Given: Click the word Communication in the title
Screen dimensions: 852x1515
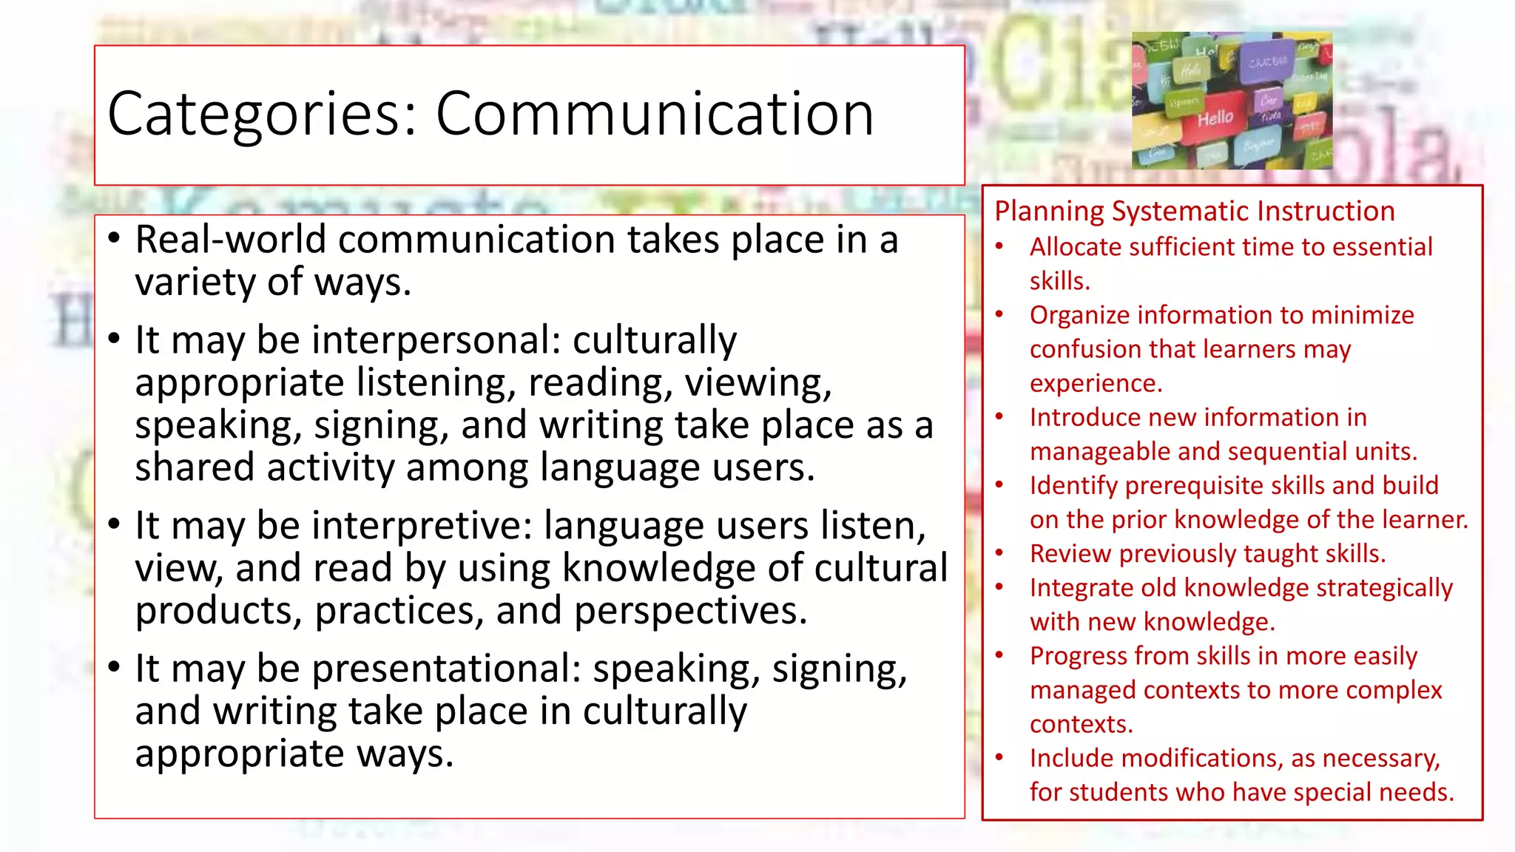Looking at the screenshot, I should (x=655, y=115).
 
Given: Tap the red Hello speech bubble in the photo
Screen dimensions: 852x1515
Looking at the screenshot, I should (x=1215, y=118).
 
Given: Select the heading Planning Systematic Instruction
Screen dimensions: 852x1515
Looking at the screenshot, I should (x=1194, y=212).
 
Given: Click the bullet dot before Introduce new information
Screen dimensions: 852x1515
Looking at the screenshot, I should (x=999, y=416).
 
